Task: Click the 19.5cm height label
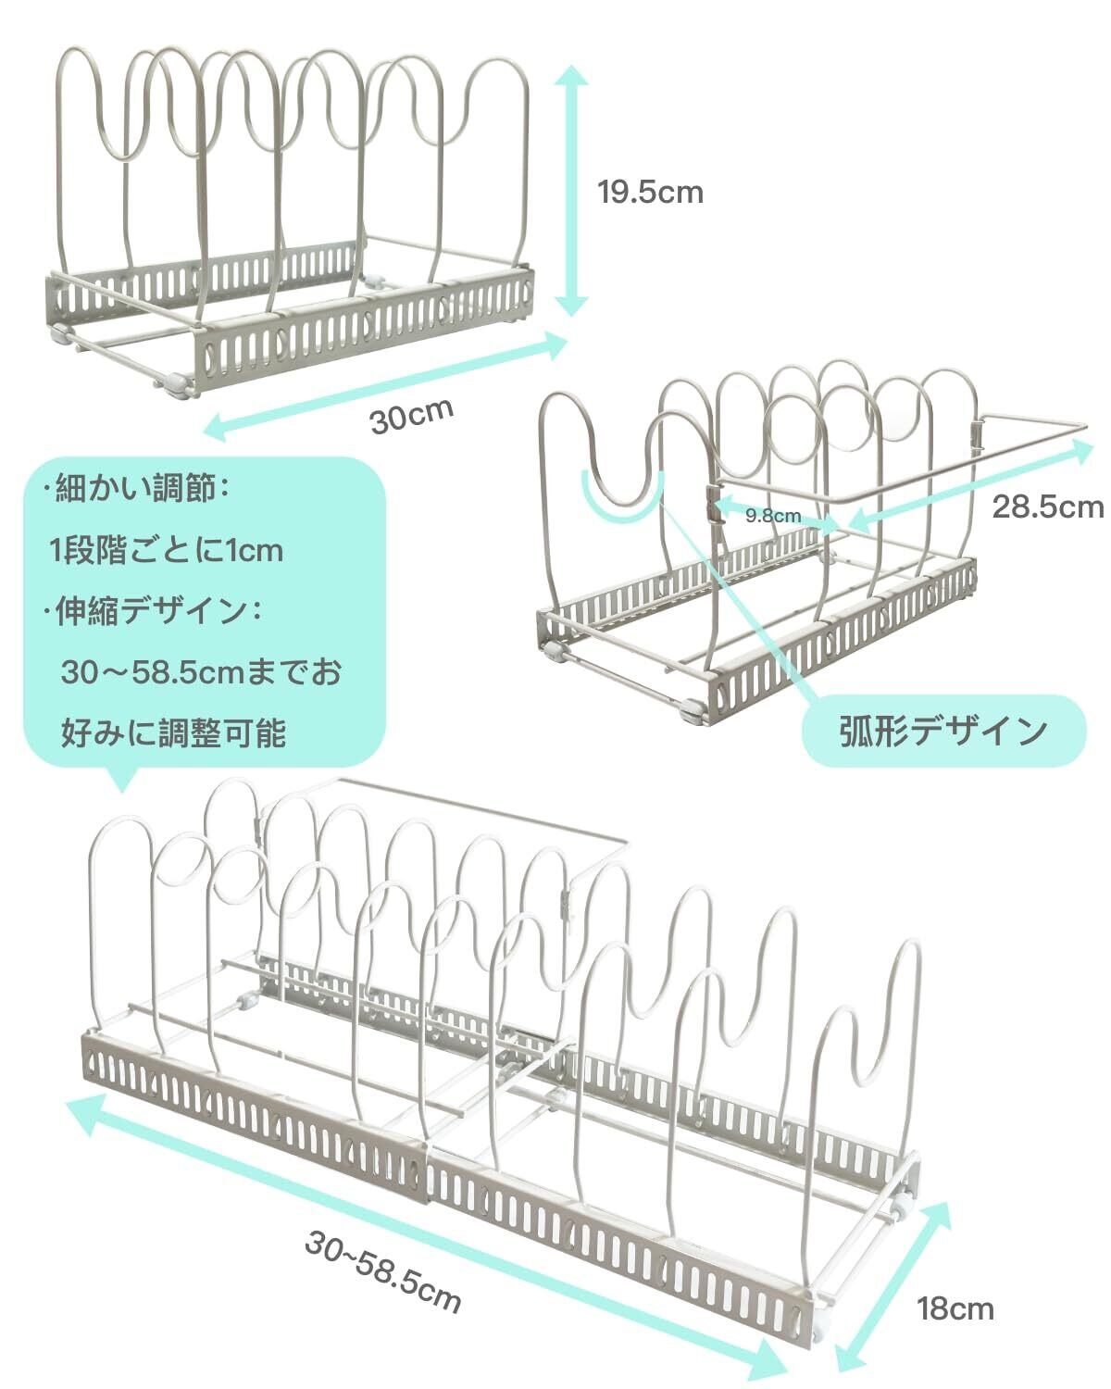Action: [x=650, y=193]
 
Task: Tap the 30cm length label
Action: [x=412, y=416]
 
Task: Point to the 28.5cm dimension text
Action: [x=1047, y=507]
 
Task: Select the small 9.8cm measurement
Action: [x=773, y=516]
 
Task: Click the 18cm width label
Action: [x=955, y=1308]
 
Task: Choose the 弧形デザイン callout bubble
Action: [x=942, y=731]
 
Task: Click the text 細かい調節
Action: [x=139, y=488]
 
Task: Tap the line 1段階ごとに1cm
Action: [x=167, y=552]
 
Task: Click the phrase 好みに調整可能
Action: [x=174, y=732]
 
